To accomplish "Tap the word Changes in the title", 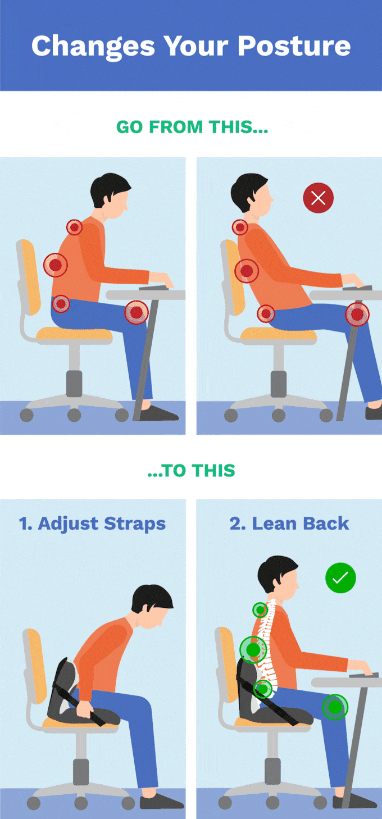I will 92,45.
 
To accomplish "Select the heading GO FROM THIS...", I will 192,127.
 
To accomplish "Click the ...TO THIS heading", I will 191,470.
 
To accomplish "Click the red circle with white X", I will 318,198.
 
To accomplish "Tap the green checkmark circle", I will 340,578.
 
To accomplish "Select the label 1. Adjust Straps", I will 92,524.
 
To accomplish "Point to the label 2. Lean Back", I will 289,524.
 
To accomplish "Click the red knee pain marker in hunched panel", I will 136,312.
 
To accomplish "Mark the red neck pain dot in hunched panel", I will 74,228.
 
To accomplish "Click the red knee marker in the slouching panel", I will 357,314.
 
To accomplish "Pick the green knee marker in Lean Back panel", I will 335,707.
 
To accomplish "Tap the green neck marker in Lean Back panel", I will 260,609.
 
